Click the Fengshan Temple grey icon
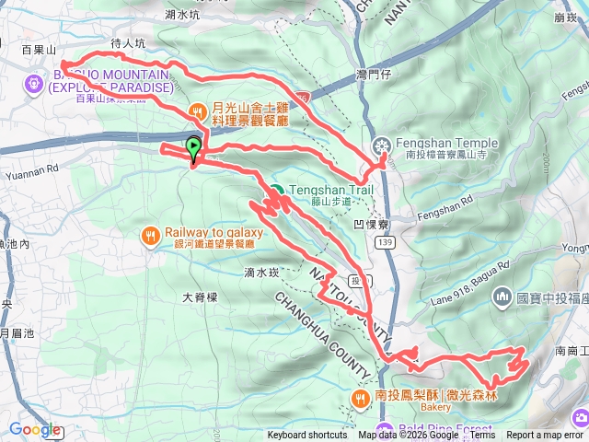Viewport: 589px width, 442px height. (382, 145)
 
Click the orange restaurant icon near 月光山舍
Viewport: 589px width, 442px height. (198, 111)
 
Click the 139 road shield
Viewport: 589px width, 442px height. (384, 241)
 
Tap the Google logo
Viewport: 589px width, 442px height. (35, 429)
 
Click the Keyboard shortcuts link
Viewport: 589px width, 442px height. (307, 436)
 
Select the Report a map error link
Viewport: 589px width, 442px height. (546, 436)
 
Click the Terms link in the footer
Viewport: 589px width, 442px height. (482, 436)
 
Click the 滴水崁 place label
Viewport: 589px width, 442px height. (261, 273)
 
